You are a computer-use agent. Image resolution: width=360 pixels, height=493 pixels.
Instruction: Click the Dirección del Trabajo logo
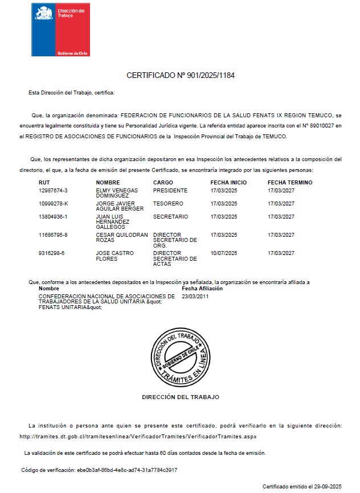(x=60, y=30)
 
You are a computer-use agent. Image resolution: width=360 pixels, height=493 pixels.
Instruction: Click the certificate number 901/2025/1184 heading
(x=180, y=75)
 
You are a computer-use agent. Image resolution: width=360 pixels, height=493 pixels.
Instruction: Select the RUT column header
(x=44, y=182)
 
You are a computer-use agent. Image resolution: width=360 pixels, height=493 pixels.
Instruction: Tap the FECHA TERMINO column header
(x=290, y=182)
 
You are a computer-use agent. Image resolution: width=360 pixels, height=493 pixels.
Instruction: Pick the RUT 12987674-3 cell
(x=53, y=190)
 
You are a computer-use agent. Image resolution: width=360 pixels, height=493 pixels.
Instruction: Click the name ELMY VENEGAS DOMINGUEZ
(x=117, y=193)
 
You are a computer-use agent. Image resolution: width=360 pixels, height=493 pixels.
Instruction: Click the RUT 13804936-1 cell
(x=53, y=217)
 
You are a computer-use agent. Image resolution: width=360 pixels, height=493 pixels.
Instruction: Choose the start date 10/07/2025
(x=224, y=253)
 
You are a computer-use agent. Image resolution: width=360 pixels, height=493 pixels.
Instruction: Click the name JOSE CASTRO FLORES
(x=111, y=256)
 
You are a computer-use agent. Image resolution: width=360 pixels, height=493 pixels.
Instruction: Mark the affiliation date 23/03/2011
(x=195, y=296)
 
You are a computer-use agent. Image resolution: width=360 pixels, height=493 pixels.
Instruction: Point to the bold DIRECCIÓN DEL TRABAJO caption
(x=180, y=397)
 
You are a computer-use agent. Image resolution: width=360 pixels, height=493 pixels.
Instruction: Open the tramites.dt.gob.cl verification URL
(x=138, y=437)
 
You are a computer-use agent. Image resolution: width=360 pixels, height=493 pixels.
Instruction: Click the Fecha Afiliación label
(x=202, y=289)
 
